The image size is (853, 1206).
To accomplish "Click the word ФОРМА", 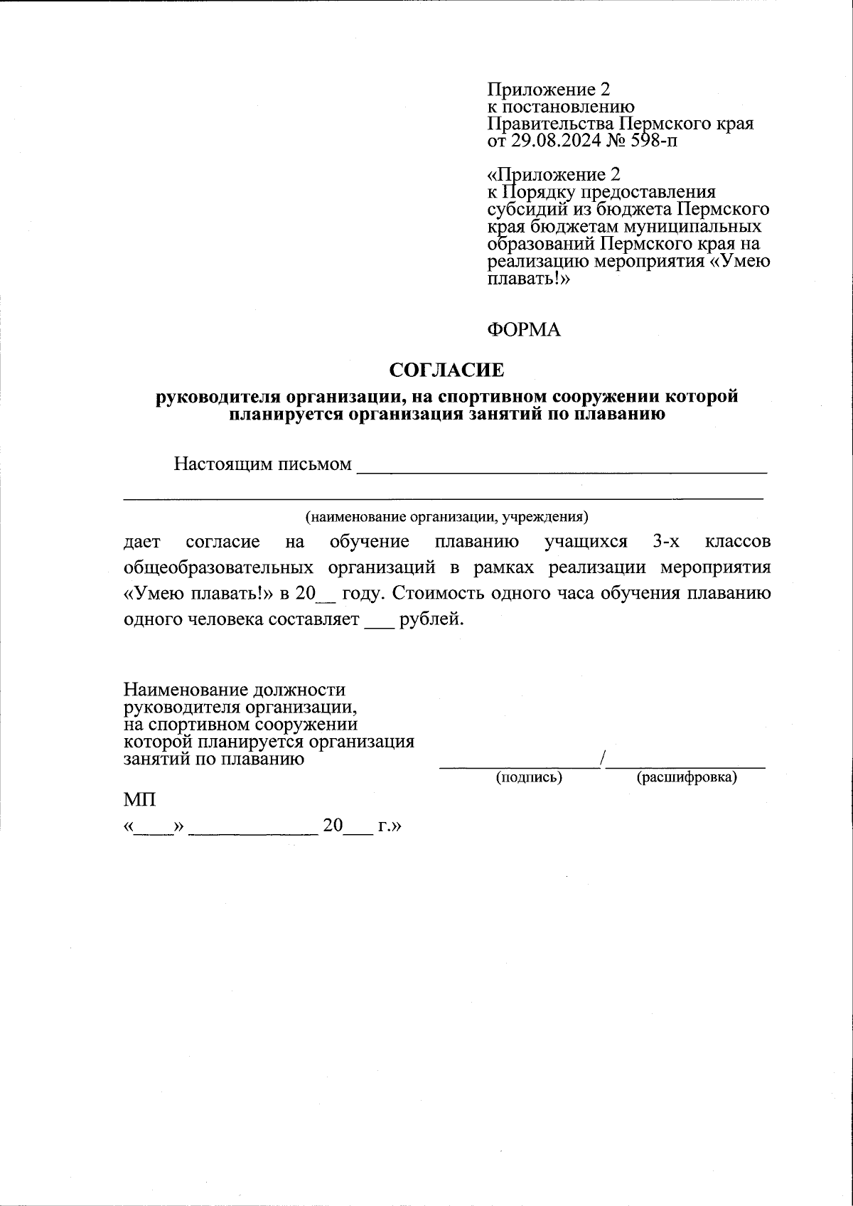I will [523, 330].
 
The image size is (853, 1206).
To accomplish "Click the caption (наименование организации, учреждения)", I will [446, 516].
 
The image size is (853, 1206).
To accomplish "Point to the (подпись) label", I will [529, 778].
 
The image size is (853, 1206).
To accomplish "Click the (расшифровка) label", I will [686, 778].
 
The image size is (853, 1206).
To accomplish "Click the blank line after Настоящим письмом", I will [562, 470].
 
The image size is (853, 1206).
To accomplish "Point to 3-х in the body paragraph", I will [666, 542].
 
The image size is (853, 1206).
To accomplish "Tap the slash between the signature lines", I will [603, 759].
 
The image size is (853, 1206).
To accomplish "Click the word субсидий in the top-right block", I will [523, 210].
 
